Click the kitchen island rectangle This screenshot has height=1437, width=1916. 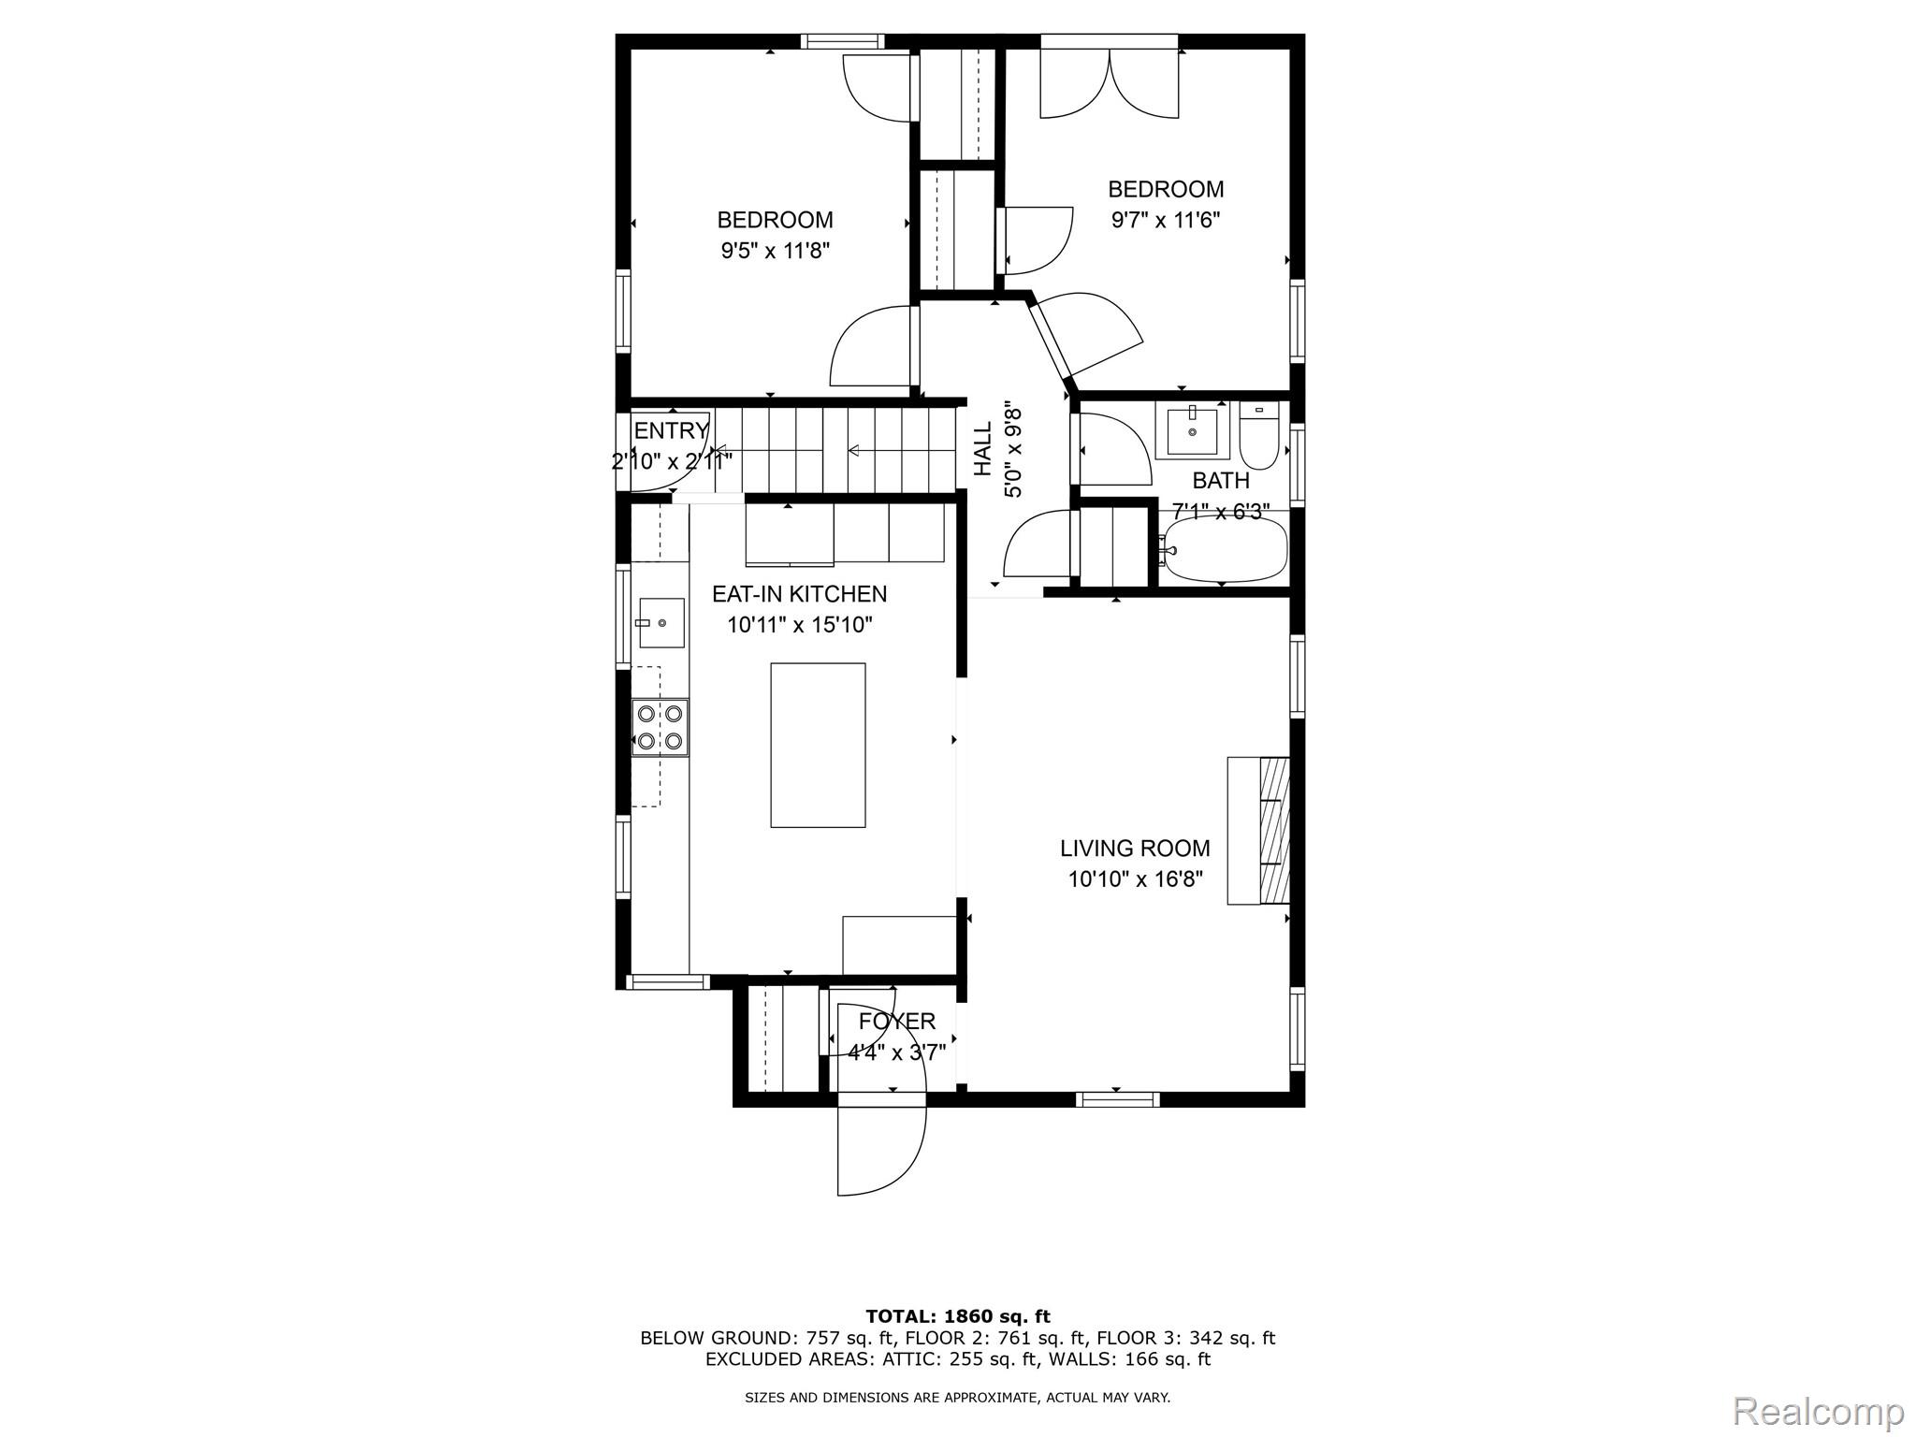pos(817,745)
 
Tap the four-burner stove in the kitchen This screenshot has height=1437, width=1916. pos(660,727)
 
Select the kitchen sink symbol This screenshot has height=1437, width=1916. pos(660,622)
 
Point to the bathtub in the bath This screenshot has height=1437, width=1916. pos(1224,549)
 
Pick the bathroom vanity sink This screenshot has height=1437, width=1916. pos(1192,432)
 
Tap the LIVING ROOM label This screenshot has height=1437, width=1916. pos(1134,849)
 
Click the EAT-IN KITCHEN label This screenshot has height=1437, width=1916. pos(799,594)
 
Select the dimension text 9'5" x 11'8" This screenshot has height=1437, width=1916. pos(775,251)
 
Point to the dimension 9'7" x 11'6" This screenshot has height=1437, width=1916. pos(1166,220)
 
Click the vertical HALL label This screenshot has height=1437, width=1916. pos(983,449)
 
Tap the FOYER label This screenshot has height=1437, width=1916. pos(896,1022)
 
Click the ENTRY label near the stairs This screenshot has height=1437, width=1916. pos(670,431)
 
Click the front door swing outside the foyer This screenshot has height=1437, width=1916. pos(880,1151)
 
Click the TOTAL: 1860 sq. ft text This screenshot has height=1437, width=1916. pos(957,1316)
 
